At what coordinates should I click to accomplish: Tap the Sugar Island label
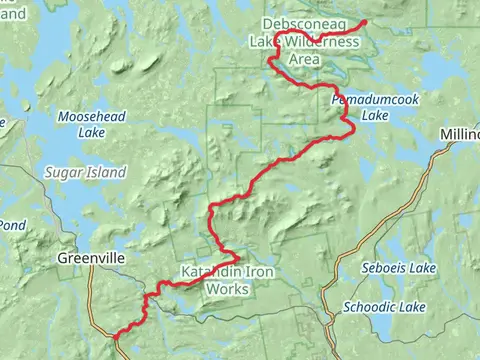coord(84,172)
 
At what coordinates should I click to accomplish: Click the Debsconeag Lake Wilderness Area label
coord(305,41)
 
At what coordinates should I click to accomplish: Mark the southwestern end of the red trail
coord(117,338)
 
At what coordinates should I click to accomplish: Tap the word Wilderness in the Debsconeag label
coord(321,42)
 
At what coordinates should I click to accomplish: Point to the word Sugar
coord(62,172)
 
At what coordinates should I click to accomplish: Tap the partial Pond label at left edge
coord(11,226)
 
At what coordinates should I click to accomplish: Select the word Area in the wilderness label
coord(304,59)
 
